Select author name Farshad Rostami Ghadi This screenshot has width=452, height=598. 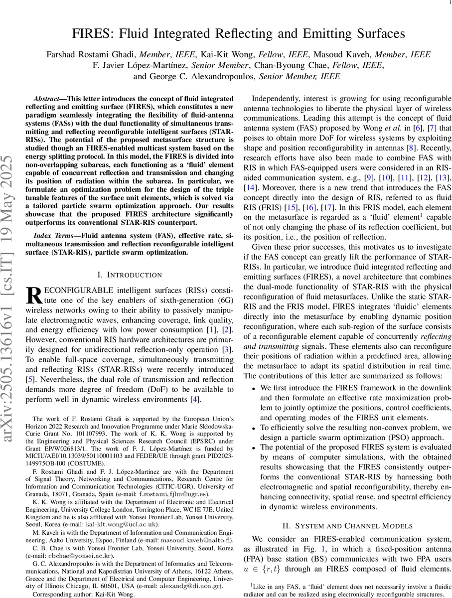(x=92, y=54)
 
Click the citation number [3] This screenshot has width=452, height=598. (x=227, y=349)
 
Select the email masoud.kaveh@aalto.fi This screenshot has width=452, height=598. (x=200, y=540)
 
